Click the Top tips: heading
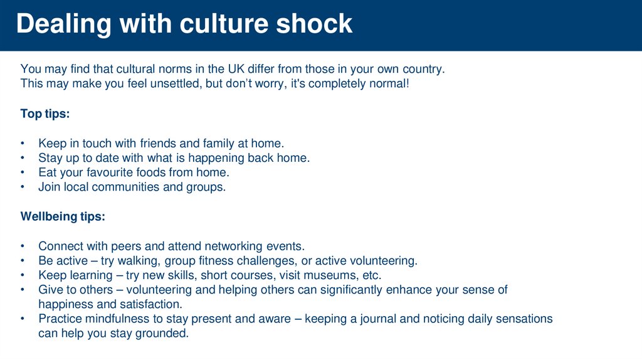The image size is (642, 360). pyautogui.click(x=45, y=114)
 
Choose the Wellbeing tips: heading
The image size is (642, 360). pyautogui.click(x=63, y=217)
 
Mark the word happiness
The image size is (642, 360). pyautogui.click(x=64, y=304)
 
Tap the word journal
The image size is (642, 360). pyautogui.click(x=376, y=319)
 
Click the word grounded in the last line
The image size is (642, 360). pyautogui.click(x=163, y=334)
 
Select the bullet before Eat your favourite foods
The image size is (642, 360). pyautogui.click(x=23, y=172)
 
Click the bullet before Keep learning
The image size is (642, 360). pyautogui.click(x=23, y=275)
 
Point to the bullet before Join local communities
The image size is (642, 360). pyautogui.click(x=23, y=187)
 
